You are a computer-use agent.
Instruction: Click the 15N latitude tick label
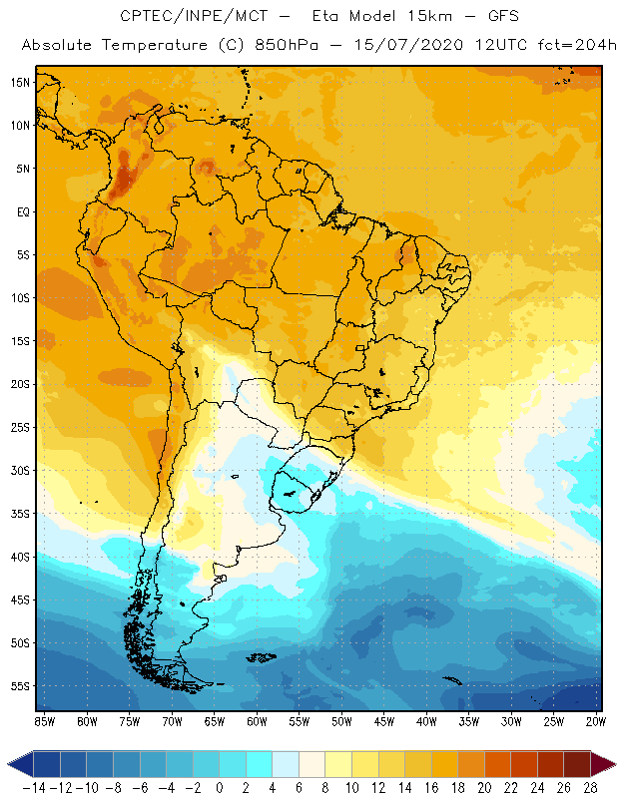pyautogui.click(x=19, y=82)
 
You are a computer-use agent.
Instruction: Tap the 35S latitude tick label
pyautogui.click(x=19, y=514)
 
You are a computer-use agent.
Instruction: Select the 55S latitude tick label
pyautogui.click(x=19, y=686)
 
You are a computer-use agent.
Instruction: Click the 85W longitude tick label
pyautogui.click(x=44, y=720)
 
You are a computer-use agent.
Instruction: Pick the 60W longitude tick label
pyautogui.click(x=257, y=720)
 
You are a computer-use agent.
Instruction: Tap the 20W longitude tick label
pyautogui.click(x=596, y=720)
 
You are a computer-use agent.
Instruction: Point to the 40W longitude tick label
pyautogui.click(x=426, y=720)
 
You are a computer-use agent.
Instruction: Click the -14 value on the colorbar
pyautogui.click(x=34, y=788)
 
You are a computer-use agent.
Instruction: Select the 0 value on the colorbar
pyautogui.click(x=219, y=788)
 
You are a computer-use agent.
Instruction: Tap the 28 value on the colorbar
pyautogui.click(x=588, y=788)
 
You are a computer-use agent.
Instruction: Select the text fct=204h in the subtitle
pyautogui.click(x=571, y=46)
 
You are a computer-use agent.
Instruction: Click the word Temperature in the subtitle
pyautogui.click(x=153, y=46)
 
